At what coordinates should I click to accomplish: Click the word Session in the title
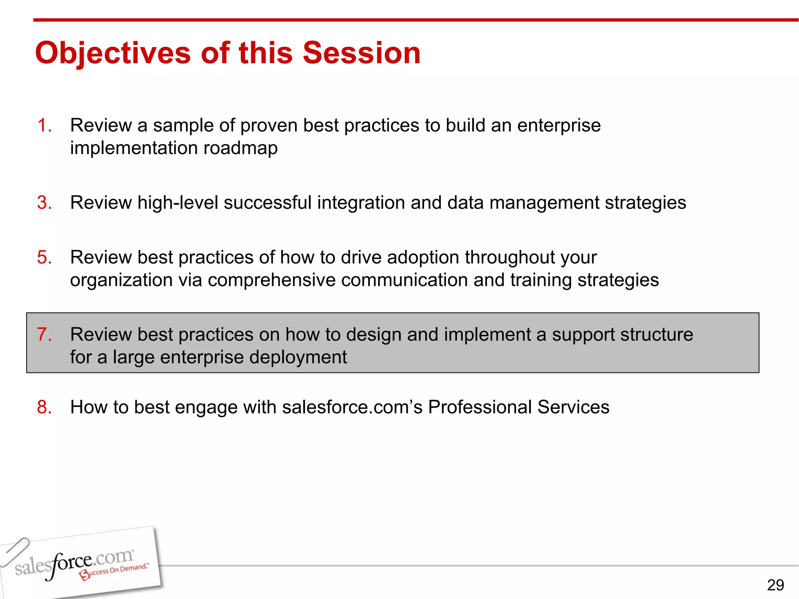point(362,53)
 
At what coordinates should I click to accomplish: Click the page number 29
point(775,585)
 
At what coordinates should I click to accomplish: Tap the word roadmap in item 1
point(240,148)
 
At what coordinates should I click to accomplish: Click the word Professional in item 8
point(480,407)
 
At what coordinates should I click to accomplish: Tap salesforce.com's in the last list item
point(352,407)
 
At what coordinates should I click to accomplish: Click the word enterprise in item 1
point(559,126)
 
